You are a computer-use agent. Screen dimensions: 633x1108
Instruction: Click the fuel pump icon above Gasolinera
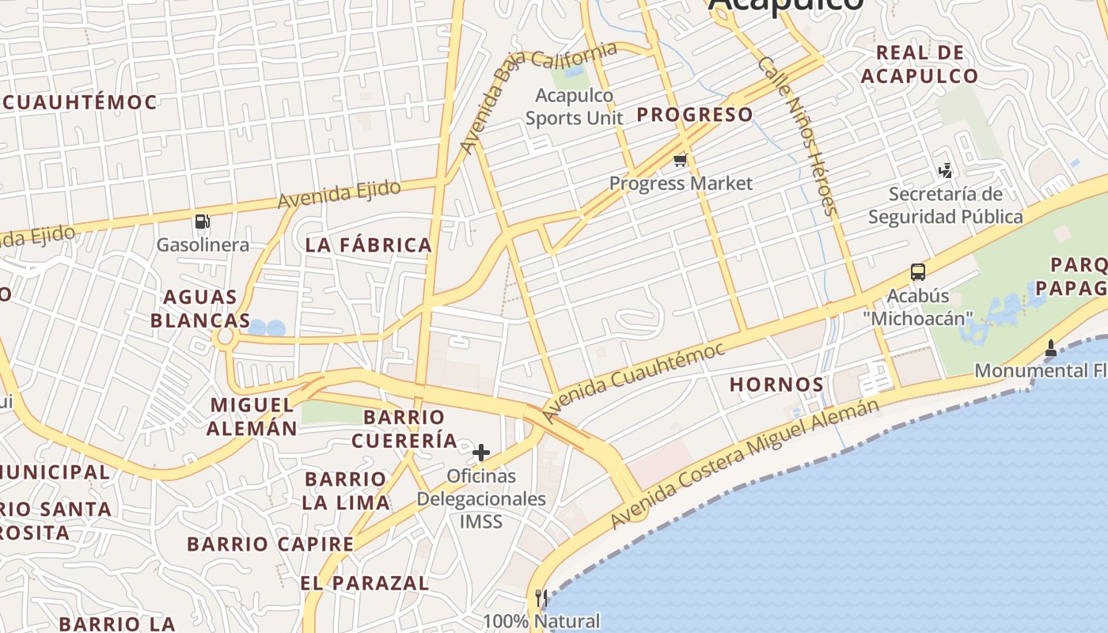pyautogui.click(x=202, y=222)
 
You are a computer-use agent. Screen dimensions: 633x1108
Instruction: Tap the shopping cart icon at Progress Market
pyautogui.click(x=679, y=161)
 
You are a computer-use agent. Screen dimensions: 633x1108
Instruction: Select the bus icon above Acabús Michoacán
pyautogui.click(x=917, y=272)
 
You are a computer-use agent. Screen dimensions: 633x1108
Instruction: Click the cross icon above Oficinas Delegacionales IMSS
pyautogui.click(x=480, y=453)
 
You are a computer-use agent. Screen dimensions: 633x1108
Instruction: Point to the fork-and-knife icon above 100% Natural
pyautogui.click(x=541, y=597)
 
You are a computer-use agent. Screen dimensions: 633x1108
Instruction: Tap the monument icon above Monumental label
pyautogui.click(x=1050, y=347)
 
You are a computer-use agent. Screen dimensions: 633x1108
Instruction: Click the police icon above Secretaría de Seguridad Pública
pyautogui.click(x=945, y=170)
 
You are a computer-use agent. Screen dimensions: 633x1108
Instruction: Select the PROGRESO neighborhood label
pyautogui.click(x=695, y=115)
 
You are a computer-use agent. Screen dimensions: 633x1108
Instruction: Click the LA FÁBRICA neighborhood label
pyautogui.click(x=369, y=245)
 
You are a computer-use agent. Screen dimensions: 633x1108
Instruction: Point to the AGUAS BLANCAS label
pyautogui.click(x=200, y=309)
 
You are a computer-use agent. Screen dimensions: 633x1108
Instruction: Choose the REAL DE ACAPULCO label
pyautogui.click(x=920, y=65)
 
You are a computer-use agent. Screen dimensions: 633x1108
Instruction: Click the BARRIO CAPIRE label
pyautogui.click(x=270, y=544)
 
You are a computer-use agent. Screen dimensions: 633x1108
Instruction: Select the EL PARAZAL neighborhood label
pyautogui.click(x=364, y=584)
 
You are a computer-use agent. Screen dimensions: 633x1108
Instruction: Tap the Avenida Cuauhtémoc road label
pyautogui.click(x=633, y=383)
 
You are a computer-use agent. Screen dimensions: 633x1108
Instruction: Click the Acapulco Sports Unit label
pyautogui.click(x=575, y=107)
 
